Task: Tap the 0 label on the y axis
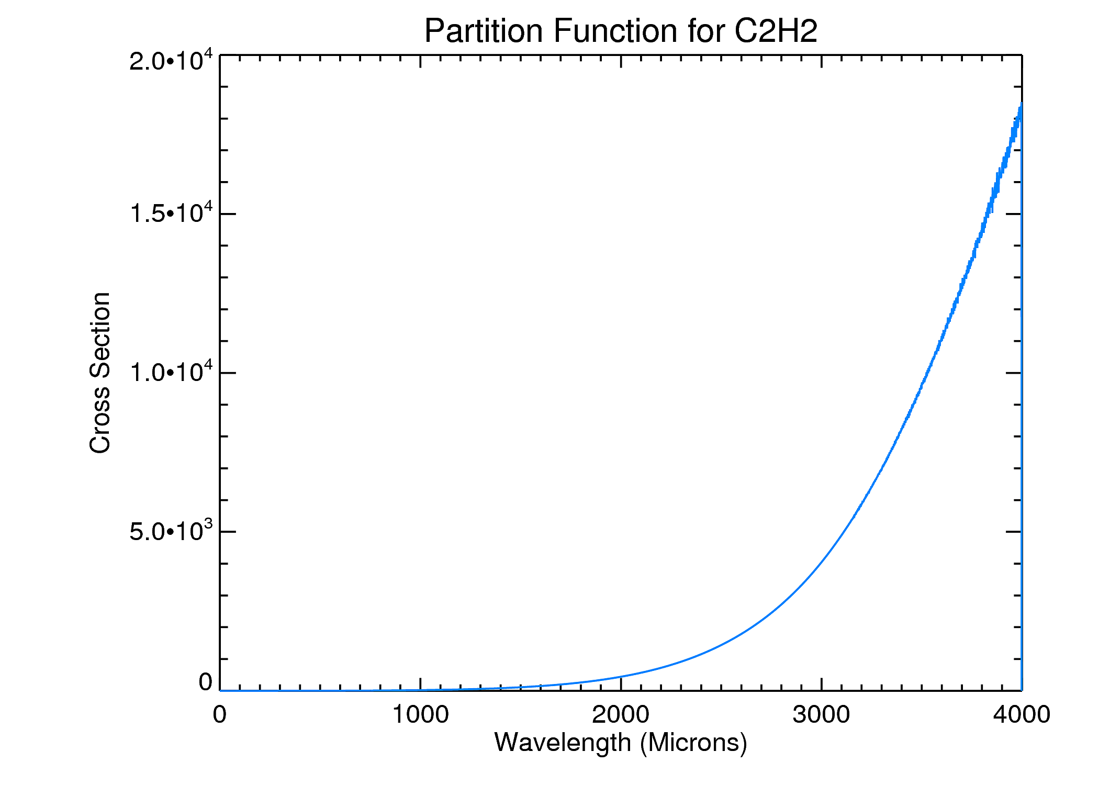[x=205, y=682]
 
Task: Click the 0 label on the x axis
[x=220, y=715]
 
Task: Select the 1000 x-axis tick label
[x=420, y=715]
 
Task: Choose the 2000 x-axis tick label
[x=621, y=715]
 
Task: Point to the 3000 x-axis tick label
[x=821, y=715]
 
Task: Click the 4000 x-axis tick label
[x=1022, y=715]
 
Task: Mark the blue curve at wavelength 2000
[x=621, y=677]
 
